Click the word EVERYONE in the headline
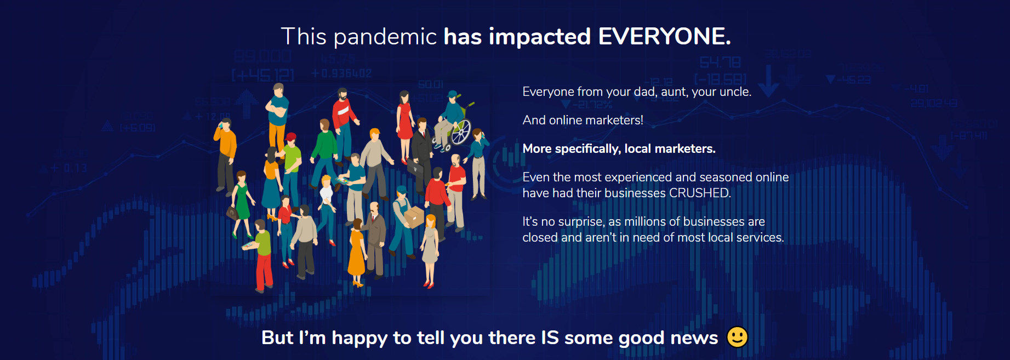[665, 37]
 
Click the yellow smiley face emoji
[737, 337]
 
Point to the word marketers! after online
[613, 120]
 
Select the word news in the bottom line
[694, 338]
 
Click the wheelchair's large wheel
[461, 132]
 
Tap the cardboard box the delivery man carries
[414, 216]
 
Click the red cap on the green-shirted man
[291, 136]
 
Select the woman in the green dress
[241, 203]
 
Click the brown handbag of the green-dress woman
[232, 212]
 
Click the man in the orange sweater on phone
[225, 156]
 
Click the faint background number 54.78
[720, 62]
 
